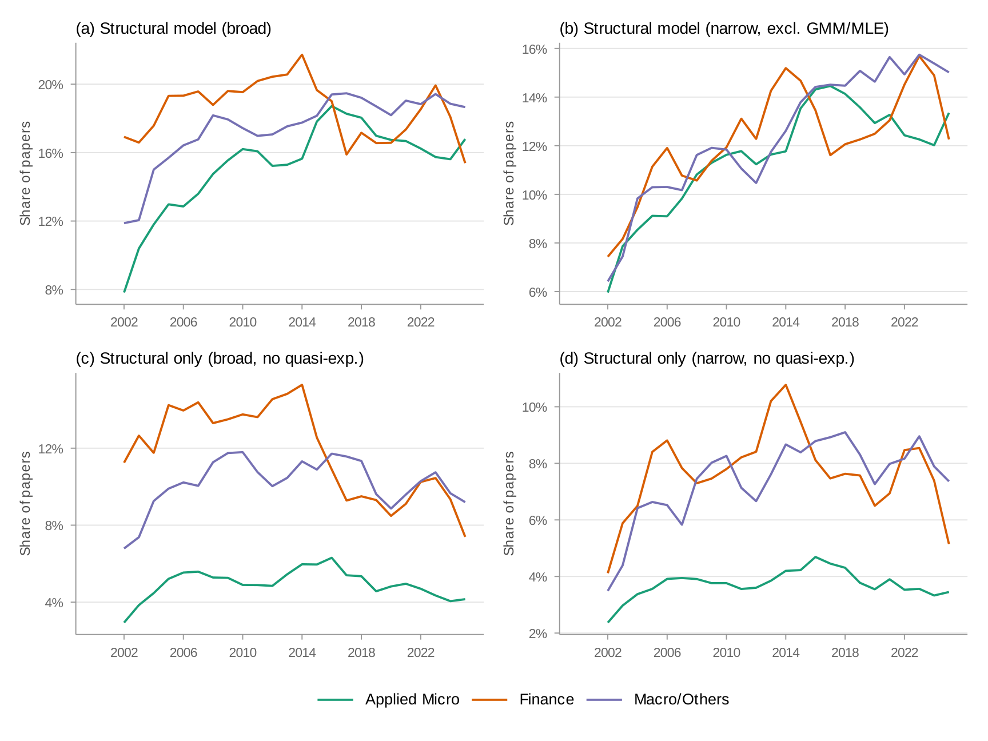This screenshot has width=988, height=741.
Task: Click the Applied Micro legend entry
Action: (412, 699)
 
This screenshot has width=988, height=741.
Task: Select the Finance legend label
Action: (546, 699)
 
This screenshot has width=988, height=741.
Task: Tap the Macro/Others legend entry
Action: (681, 699)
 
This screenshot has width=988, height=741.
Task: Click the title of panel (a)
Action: (173, 29)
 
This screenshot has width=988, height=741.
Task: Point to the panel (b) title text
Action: (724, 29)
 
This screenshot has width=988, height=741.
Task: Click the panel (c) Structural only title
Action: (220, 358)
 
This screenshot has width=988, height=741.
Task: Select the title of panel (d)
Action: (707, 358)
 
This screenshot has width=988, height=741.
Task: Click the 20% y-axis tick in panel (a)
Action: (50, 85)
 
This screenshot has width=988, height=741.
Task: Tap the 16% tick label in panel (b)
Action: (534, 49)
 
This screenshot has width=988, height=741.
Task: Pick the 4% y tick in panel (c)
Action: (54, 603)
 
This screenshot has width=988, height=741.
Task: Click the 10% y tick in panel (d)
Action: (534, 407)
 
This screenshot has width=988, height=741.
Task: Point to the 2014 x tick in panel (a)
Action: (302, 322)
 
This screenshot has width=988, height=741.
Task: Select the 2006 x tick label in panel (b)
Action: (667, 322)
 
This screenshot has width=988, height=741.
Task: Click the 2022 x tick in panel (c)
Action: (421, 652)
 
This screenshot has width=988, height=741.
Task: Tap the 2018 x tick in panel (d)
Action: (845, 652)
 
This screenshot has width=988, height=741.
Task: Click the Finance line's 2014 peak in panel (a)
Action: (302, 55)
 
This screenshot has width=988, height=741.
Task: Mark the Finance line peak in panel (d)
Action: (786, 385)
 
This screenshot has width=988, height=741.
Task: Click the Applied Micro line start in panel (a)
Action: (124, 292)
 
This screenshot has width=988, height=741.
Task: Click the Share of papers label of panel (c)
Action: (25, 503)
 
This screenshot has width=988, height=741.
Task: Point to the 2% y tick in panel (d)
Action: (537, 634)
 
